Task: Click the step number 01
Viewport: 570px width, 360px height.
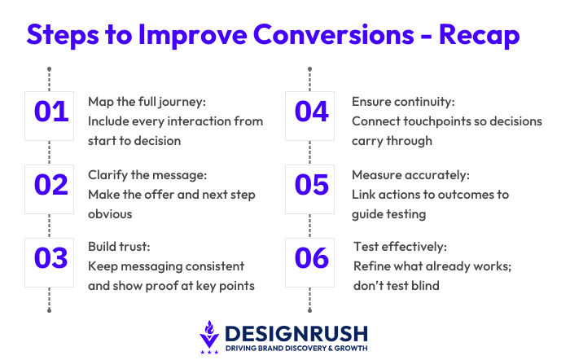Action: pyautogui.click(x=50, y=112)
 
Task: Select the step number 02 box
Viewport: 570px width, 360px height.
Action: pyautogui.click(x=50, y=185)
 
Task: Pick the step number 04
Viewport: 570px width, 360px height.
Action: pyautogui.click(x=311, y=112)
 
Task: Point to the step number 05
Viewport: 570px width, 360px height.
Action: pyautogui.click(x=311, y=185)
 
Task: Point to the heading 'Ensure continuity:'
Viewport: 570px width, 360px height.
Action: pyautogui.click(x=403, y=102)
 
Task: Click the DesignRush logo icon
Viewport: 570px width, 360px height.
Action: pyautogui.click(x=209, y=337)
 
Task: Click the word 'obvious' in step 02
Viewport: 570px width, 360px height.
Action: pyautogui.click(x=111, y=213)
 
